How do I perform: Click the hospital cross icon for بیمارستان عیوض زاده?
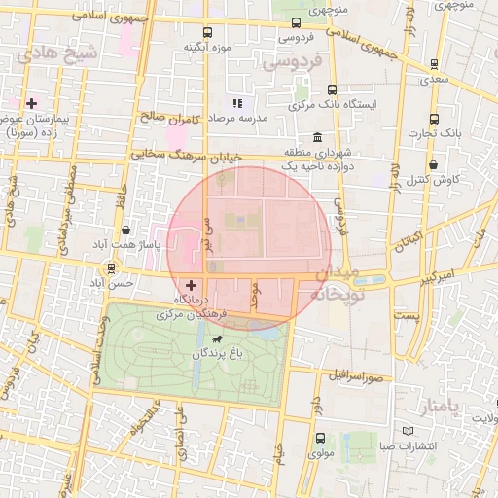[x=32, y=102]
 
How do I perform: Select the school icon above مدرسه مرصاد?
[x=235, y=102]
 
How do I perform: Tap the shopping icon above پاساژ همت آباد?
[x=127, y=231]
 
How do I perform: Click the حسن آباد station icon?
[x=111, y=268]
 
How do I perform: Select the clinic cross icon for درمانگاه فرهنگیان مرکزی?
[x=191, y=285]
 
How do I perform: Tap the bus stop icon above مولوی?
[x=320, y=439]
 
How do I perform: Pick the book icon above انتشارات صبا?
[x=408, y=432]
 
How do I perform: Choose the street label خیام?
[x=278, y=453]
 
